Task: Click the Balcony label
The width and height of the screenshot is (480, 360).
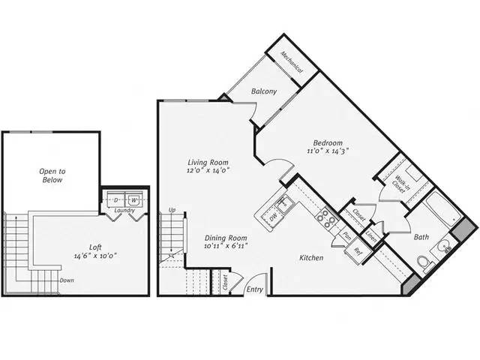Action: (x=263, y=91)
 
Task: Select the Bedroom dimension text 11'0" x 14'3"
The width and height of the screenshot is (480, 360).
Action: (x=328, y=151)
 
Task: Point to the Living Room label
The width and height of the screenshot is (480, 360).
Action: (x=208, y=162)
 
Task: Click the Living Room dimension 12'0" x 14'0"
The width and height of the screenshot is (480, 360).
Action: (x=208, y=171)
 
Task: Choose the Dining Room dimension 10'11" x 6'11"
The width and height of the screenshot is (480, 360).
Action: (x=226, y=246)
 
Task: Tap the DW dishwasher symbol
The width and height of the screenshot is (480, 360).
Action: (x=273, y=215)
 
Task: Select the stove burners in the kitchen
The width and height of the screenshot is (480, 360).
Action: (x=328, y=217)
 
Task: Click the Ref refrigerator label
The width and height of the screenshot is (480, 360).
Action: (x=358, y=251)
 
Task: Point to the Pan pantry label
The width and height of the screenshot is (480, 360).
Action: (x=347, y=235)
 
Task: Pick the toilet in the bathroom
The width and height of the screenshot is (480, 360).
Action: (x=424, y=262)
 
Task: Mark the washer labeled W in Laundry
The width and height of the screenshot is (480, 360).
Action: (x=133, y=200)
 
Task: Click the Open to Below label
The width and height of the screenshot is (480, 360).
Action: (x=52, y=175)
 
